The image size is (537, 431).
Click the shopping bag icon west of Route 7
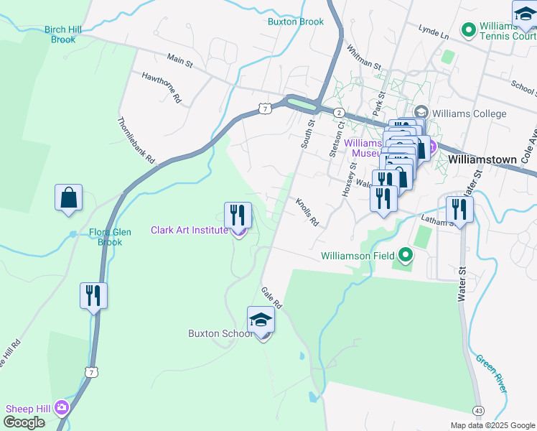68,198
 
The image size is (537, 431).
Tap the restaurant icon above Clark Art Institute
238,214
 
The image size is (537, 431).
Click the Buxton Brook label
296,22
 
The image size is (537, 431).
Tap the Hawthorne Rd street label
162,85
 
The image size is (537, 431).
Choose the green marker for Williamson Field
406,255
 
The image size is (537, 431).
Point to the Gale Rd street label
272,296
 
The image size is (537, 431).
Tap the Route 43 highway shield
478,409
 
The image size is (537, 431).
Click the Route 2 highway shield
338,113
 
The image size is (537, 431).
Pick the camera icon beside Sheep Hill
62,408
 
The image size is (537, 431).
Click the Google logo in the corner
24,422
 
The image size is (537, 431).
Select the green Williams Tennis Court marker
469,30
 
